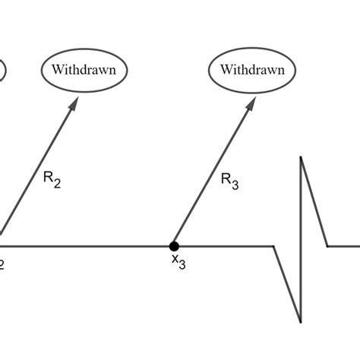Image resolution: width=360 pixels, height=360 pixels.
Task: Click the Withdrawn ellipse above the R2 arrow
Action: pyautogui.click(x=84, y=70)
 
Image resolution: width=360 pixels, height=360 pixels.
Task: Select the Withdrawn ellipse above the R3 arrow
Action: pyautogui.click(x=252, y=70)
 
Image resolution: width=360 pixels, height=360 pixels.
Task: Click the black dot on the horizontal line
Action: pyautogui.click(x=174, y=245)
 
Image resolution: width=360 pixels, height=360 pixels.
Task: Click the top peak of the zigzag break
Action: pyautogui.click(x=302, y=157)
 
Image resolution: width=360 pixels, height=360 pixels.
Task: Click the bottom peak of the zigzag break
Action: pyautogui.click(x=302, y=320)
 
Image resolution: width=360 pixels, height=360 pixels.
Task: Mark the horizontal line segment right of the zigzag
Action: pyautogui.click(x=343, y=245)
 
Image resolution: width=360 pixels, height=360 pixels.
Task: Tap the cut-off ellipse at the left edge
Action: pyautogui.click(x=2, y=70)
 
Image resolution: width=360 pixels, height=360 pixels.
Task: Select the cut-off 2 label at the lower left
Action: pyautogui.click(x=2, y=263)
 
